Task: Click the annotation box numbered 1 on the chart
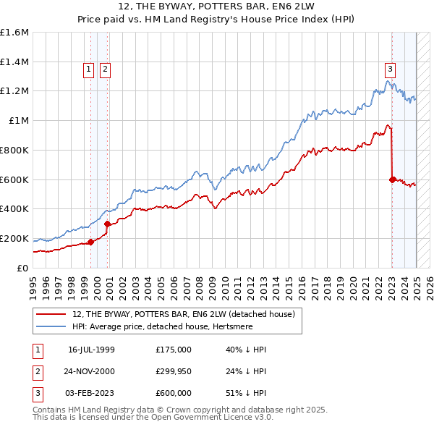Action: [x=88, y=69]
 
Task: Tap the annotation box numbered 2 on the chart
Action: [x=105, y=69]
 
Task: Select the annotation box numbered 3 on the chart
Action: [x=390, y=69]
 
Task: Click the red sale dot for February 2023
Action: [x=392, y=179]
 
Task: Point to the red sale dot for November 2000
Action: [x=107, y=224]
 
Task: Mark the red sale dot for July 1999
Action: [x=90, y=242]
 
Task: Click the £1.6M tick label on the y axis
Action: [x=14, y=33]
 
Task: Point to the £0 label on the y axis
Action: [x=23, y=268]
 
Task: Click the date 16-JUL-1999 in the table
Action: [x=91, y=350]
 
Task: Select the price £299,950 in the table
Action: [x=174, y=371]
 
